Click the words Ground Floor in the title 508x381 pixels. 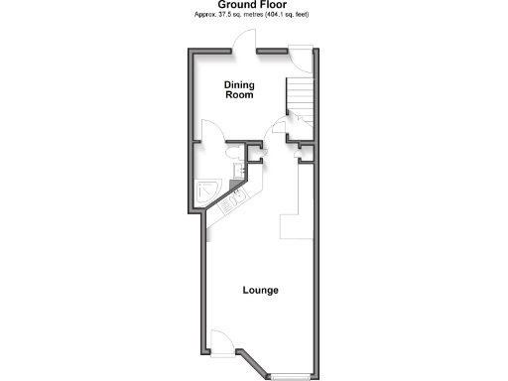pos(253,5)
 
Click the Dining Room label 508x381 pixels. pos(238,90)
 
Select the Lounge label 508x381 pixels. pos(261,291)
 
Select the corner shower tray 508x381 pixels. pos(209,190)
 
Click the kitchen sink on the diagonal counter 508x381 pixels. pos(227,204)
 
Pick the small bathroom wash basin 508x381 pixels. pos(239,172)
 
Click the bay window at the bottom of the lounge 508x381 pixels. pos(290,375)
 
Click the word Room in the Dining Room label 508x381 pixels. pos(238,96)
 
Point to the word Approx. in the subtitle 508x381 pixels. pos(202,15)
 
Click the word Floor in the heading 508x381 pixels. pos(273,5)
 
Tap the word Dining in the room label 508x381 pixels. pos(238,84)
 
